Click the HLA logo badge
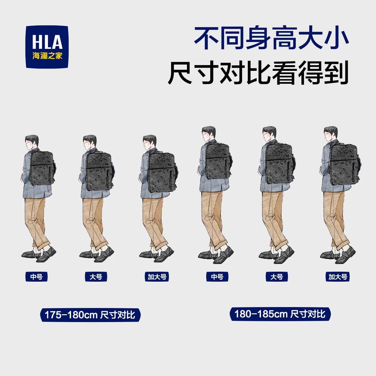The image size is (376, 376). [x=47, y=47]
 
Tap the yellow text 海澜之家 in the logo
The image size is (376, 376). [x=47, y=56]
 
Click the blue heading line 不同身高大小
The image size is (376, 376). [x=271, y=39]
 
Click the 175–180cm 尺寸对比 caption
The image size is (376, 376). [x=90, y=315]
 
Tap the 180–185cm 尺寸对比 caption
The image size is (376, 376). [x=280, y=314]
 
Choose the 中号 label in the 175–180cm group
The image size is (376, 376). [x=36, y=277]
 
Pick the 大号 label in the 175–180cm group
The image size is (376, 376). [x=96, y=277]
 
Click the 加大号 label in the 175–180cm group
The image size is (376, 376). [x=157, y=277]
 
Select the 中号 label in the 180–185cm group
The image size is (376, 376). [x=217, y=277]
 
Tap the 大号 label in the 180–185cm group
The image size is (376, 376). [x=277, y=277]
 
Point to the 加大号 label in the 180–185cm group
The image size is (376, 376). [x=338, y=277]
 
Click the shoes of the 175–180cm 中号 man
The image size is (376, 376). [x=39, y=254]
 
